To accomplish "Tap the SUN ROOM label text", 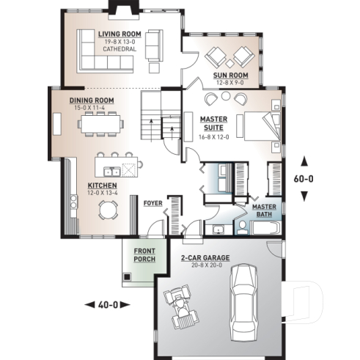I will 230,76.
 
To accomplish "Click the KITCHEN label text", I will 102,186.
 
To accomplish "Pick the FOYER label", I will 153,202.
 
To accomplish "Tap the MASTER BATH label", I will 264,210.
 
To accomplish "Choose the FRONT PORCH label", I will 144,255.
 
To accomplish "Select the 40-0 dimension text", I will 106,304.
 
